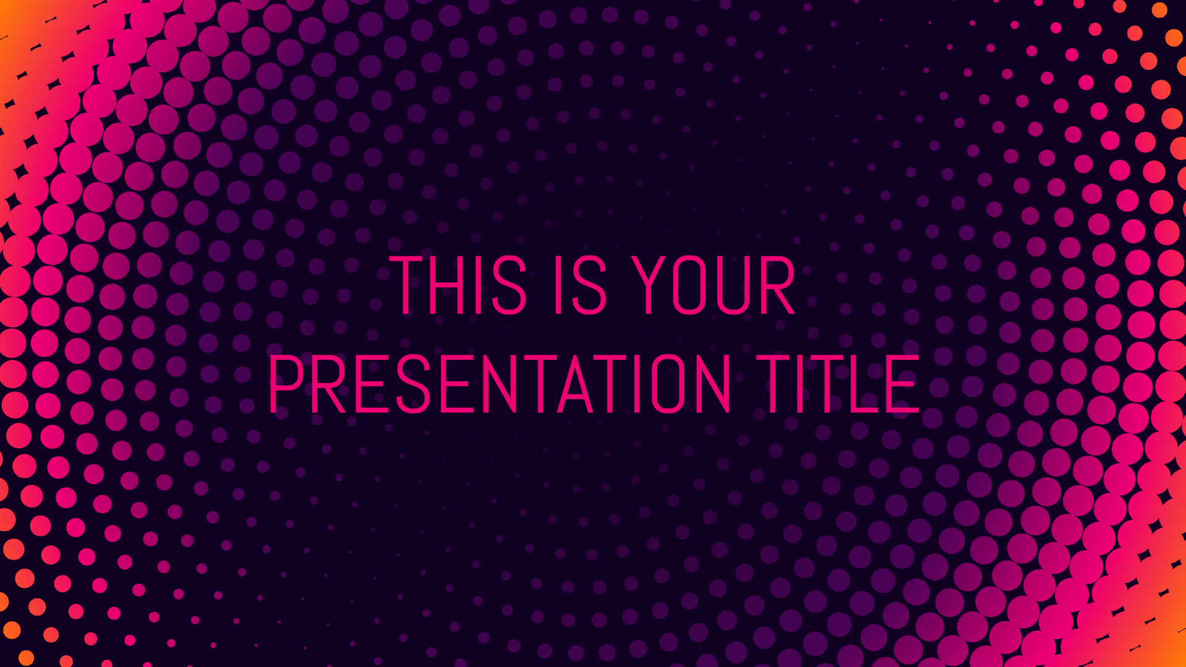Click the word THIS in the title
pos(458,285)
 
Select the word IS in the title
pos(581,285)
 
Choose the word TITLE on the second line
pos(838,384)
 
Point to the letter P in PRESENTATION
pos(285,384)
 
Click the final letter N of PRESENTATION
pos(715,384)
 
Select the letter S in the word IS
pos(591,285)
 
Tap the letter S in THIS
pos(510,285)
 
